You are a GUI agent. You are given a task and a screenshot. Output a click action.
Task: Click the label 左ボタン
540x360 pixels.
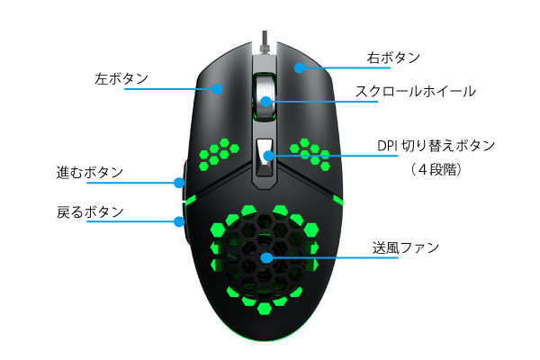click(121, 79)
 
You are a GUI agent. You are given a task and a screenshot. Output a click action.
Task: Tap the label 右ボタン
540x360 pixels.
click(393, 58)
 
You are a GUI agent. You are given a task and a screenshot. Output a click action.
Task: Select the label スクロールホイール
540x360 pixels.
click(415, 91)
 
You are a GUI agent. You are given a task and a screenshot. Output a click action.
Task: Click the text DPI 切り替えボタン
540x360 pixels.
click(436, 146)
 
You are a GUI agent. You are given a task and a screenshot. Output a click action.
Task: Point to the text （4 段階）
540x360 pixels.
click(436, 169)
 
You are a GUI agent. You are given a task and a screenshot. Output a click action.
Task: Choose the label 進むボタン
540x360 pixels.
click(89, 172)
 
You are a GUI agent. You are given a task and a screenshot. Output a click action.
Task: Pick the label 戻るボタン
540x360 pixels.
click(90, 211)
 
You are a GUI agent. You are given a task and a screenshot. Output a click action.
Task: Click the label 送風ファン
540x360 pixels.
click(405, 247)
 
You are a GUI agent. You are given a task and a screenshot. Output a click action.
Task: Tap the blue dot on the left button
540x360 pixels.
click(217, 89)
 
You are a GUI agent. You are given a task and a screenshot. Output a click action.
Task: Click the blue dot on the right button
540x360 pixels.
click(300, 67)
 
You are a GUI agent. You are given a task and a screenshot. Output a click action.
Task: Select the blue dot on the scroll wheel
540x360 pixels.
click(265, 102)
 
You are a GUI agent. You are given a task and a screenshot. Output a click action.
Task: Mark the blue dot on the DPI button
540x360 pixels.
click(268, 156)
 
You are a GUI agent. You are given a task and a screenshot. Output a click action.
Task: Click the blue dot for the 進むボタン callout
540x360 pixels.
click(179, 183)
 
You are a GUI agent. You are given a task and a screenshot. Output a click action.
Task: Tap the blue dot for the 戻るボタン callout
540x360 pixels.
click(179, 221)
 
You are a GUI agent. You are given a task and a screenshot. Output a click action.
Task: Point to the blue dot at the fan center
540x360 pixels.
click(265, 257)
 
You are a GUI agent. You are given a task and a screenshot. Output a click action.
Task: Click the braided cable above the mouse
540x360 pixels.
click(265, 42)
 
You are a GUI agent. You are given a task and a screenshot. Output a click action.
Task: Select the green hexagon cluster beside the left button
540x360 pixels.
click(219, 155)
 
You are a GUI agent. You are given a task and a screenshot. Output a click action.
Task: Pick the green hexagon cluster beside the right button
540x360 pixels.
click(310, 154)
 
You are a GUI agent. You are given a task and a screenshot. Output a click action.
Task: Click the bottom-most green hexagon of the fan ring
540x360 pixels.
click(264, 309)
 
